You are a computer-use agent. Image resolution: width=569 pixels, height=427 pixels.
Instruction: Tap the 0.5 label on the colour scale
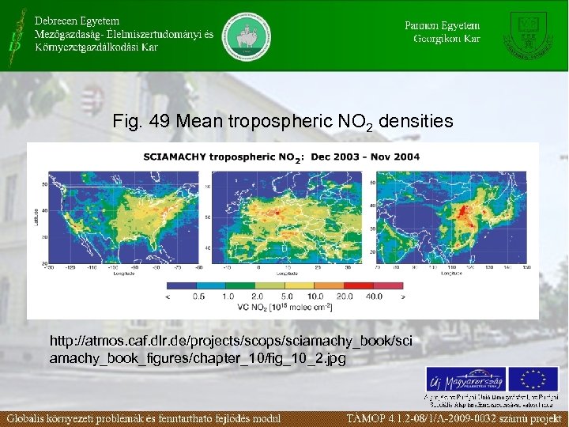198,297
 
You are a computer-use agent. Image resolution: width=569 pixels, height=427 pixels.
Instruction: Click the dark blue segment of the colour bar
181,285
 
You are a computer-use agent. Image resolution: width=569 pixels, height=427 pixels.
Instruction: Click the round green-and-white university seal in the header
247,36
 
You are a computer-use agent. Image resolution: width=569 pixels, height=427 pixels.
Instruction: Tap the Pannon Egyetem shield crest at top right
528,34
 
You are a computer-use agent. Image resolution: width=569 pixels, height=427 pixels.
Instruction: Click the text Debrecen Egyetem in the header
77,20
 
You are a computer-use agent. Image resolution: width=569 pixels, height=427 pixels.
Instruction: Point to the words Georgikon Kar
447,38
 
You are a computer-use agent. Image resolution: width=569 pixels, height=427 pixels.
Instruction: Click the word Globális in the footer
31,418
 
